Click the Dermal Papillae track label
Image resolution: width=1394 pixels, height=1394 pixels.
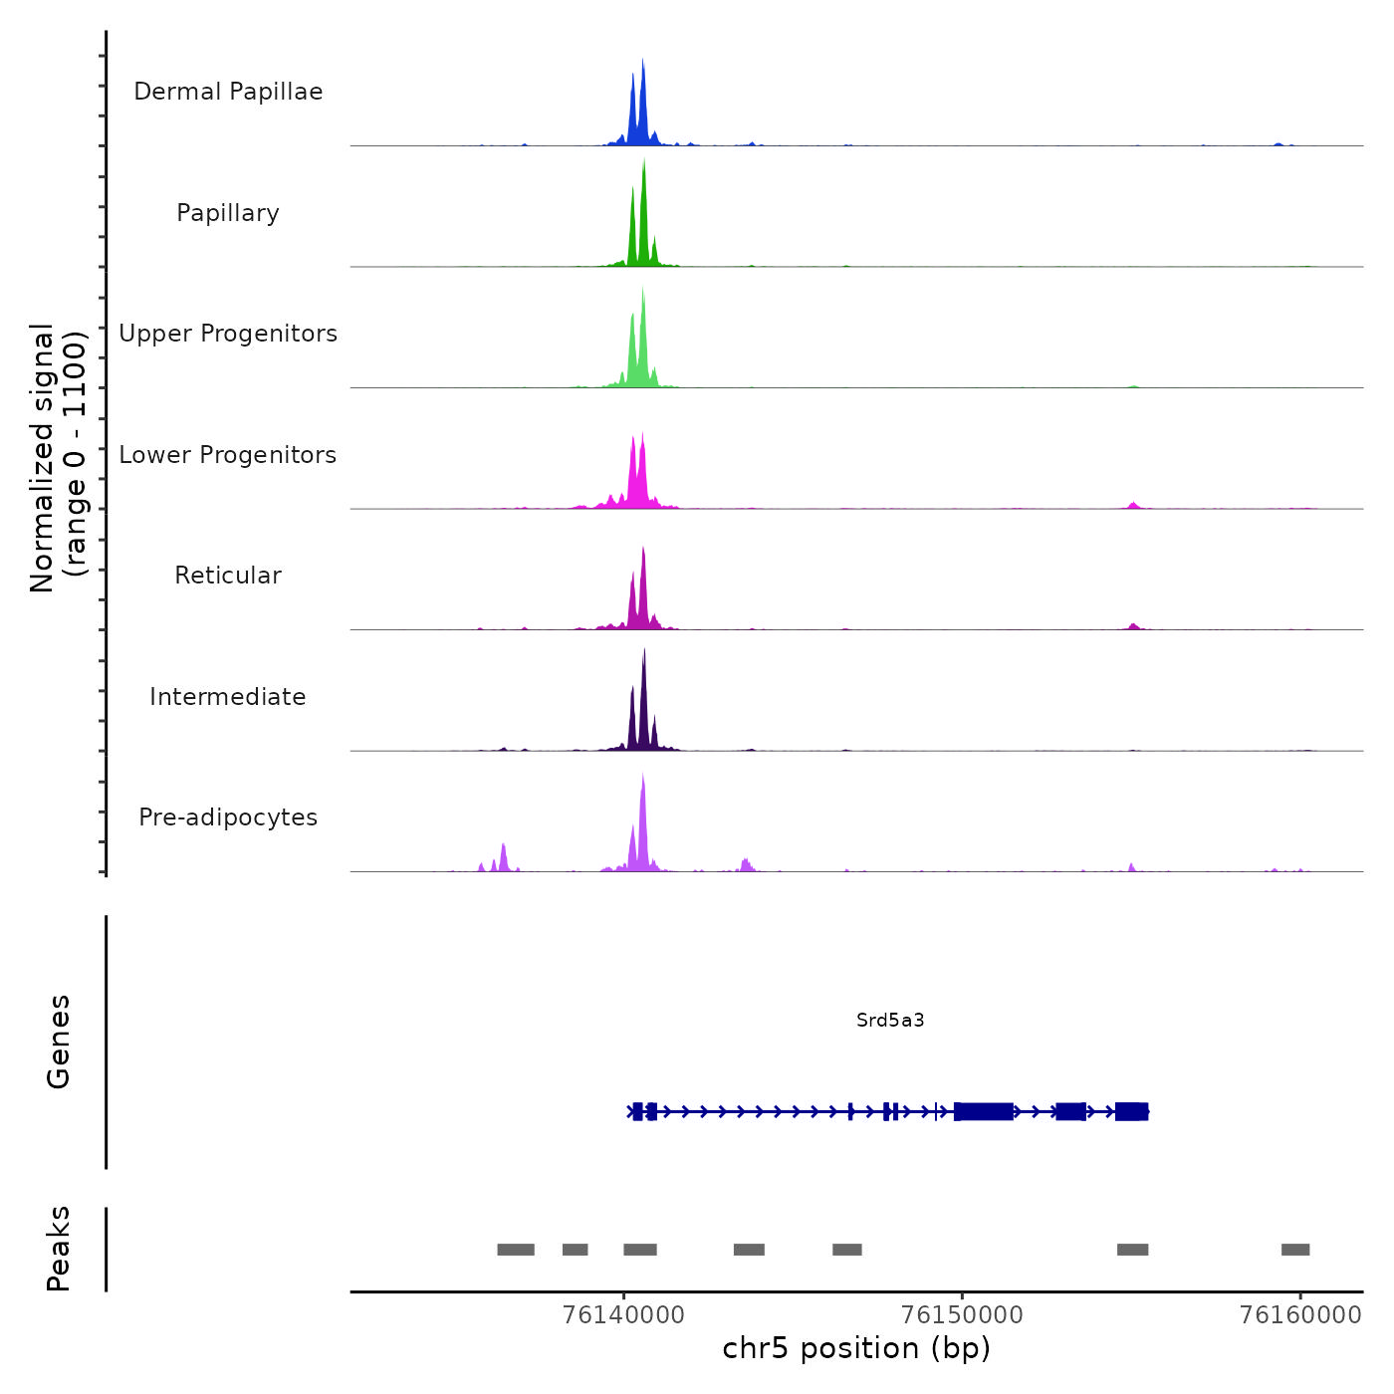pyautogui.click(x=228, y=92)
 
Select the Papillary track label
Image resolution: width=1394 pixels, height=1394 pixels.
pyautogui.click(x=228, y=213)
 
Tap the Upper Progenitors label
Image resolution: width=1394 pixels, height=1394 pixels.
pyautogui.click(x=228, y=334)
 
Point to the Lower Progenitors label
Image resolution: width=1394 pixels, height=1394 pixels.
pyautogui.click(x=228, y=455)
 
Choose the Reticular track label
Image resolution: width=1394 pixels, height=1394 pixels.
pyautogui.click(x=228, y=576)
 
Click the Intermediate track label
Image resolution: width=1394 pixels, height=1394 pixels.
pyautogui.click(x=228, y=697)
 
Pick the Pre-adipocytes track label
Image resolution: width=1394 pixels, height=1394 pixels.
pyautogui.click(x=228, y=817)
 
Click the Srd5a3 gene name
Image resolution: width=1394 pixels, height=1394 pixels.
pyautogui.click(x=890, y=1020)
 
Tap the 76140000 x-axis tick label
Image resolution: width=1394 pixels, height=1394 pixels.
pyautogui.click(x=623, y=1315)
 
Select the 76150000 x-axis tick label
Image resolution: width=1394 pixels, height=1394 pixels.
pyautogui.click(x=962, y=1315)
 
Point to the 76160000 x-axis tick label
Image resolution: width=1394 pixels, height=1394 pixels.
pyautogui.click(x=1300, y=1315)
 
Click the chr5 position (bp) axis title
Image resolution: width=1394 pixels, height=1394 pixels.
pyautogui.click(x=856, y=1348)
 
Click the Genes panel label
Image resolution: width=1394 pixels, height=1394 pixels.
pyautogui.click(x=59, y=1042)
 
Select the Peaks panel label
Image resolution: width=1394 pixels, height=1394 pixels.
pyautogui.click(x=59, y=1249)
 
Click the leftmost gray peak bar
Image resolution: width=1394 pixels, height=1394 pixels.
pyautogui.click(x=516, y=1250)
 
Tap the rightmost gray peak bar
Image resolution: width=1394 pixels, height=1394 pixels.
pyautogui.click(x=1295, y=1250)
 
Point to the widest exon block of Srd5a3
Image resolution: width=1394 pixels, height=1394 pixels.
pyautogui.click(x=984, y=1111)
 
